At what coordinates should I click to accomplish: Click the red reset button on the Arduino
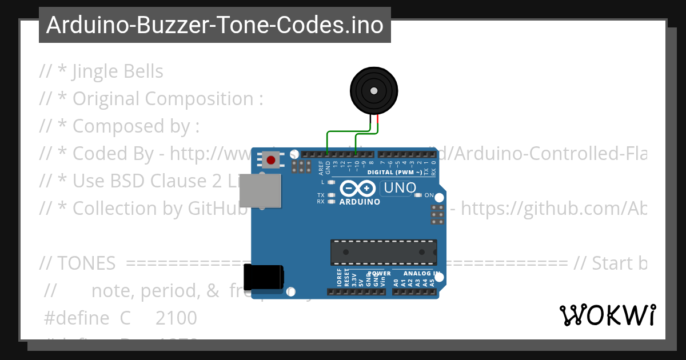tap(270, 159)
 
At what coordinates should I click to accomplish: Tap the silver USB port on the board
tap(260, 190)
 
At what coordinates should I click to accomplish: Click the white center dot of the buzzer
tap(374, 91)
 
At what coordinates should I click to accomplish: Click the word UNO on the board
tap(400, 187)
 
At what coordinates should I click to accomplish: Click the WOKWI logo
tap(607, 315)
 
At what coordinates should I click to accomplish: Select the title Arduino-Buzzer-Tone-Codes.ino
tap(214, 25)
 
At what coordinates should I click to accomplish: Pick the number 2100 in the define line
tap(176, 318)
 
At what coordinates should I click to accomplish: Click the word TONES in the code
tap(86, 263)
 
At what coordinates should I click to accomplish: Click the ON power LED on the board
tap(418, 195)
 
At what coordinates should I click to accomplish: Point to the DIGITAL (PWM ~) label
tap(395, 172)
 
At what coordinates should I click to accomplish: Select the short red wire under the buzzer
tap(377, 121)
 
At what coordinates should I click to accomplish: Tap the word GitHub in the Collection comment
tap(218, 209)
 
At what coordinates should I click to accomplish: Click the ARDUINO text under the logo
tap(360, 202)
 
